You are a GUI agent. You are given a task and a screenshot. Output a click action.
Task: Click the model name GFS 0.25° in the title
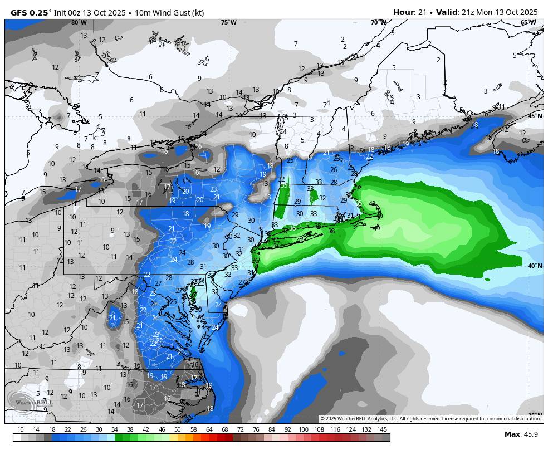tap(31, 12)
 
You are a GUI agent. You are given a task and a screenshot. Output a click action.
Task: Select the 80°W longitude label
tap(79, 22)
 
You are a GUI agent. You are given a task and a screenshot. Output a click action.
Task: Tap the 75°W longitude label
tap(228, 22)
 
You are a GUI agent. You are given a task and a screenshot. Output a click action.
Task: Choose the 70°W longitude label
tap(378, 22)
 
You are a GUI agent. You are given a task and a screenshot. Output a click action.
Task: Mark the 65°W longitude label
tap(528, 22)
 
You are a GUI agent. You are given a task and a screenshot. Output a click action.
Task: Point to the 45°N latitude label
tap(534, 115)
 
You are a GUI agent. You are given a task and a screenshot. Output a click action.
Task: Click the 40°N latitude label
tap(534, 266)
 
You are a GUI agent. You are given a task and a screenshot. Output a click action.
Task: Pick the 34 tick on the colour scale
tap(115, 429)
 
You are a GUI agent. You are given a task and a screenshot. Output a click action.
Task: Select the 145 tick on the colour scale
tap(382, 429)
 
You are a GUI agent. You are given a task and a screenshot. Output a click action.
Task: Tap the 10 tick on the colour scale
tap(21, 429)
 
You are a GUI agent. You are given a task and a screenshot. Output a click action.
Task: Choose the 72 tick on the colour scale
tap(241, 429)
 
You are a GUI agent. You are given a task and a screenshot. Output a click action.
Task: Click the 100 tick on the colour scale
tap(304, 429)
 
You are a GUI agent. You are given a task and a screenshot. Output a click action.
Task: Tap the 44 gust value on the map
tap(377, 227)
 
